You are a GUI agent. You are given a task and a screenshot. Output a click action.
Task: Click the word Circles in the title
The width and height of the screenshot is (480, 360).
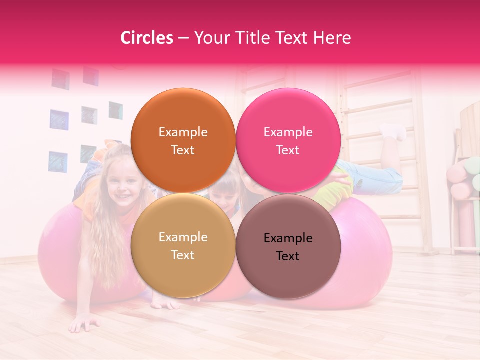coord(146,38)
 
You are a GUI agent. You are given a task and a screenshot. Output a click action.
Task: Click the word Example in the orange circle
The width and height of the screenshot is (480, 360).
coord(183,132)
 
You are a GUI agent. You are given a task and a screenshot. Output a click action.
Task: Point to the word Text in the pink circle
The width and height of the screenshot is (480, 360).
coord(288,150)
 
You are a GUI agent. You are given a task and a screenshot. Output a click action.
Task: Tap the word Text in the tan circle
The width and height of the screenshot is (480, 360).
coord(183,255)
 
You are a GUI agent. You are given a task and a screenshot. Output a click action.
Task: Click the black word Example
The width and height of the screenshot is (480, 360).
coord(288,238)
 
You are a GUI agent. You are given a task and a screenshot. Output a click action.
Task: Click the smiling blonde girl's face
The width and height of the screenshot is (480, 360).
coord(119,183)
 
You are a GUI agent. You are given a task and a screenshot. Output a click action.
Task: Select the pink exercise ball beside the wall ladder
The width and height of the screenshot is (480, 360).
coord(360,250)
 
